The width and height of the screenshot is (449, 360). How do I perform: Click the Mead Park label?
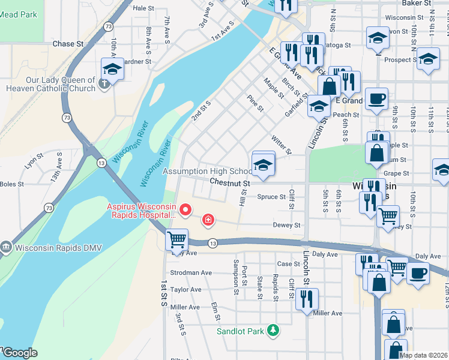18,16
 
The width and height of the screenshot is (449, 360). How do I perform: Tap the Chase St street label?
68,44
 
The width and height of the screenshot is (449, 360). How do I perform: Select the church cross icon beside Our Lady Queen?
104,83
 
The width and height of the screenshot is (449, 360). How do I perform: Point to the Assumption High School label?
208,171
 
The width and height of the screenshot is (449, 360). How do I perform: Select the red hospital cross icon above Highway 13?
208,221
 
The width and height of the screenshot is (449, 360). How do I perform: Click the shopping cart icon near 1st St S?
176,239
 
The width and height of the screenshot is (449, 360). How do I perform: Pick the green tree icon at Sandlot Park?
273,330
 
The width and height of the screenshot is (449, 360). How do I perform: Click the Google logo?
19,353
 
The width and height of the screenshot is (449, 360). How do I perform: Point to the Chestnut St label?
229,182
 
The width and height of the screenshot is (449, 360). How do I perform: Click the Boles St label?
12,184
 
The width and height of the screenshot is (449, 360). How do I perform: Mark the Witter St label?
281,144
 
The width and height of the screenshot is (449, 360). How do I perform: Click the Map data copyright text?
423,355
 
